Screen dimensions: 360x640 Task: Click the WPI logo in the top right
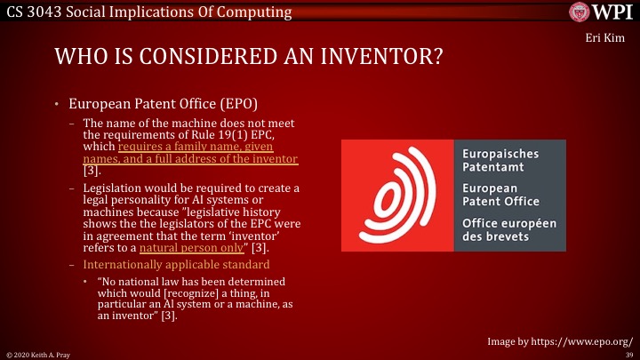(x=601, y=13)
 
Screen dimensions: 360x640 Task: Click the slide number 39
(x=628, y=353)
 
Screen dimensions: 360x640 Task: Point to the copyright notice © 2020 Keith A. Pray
(x=40, y=353)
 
